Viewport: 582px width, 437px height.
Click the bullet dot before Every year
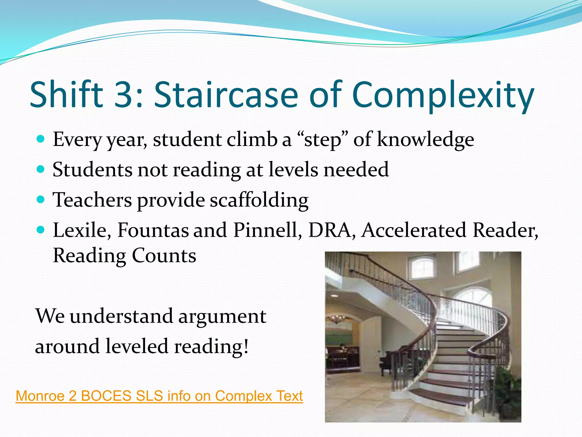41,139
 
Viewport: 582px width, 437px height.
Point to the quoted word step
322,140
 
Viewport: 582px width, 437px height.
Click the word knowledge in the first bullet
425,140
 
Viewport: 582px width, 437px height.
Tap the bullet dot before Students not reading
41,170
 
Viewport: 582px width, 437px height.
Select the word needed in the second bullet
356,170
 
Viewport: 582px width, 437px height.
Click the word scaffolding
259,200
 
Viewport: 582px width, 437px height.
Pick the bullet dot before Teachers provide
41,200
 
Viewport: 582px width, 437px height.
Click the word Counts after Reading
164,255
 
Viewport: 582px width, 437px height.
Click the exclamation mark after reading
246,347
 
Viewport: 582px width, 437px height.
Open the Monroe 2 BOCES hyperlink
159,396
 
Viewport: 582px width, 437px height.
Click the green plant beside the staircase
509,390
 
